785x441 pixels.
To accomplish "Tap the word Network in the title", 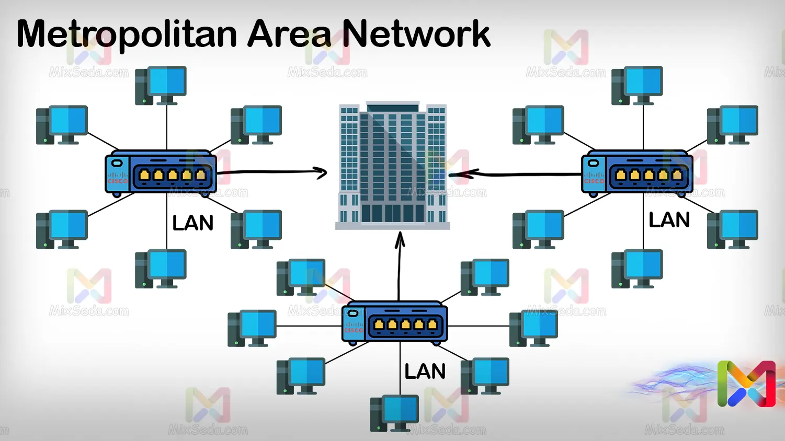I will click(x=416, y=34).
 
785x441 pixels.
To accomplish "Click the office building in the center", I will click(x=392, y=165).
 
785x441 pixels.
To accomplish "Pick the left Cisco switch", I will click(x=161, y=173).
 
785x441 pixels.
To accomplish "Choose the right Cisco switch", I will click(x=637, y=173).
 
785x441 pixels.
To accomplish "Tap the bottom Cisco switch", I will click(x=395, y=322).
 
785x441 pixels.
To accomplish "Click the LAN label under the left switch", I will click(x=193, y=223).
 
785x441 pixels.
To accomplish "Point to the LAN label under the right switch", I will click(x=669, y=220).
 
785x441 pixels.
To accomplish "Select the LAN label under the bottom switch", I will click(x=425, y=372).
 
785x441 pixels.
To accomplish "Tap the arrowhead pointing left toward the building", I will click(x=457, y=174).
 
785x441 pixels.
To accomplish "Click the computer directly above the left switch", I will click(x=161, y=85).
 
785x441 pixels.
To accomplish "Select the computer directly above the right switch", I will click(x=637, y=85).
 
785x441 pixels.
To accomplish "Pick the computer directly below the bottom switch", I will click(x=395, y=413).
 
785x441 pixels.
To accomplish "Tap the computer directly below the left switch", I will click(x=161, y=269).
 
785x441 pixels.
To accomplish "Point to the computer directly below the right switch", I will click(x=637, y=269).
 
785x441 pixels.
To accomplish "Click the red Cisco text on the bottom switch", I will click(x=353, y=330).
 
